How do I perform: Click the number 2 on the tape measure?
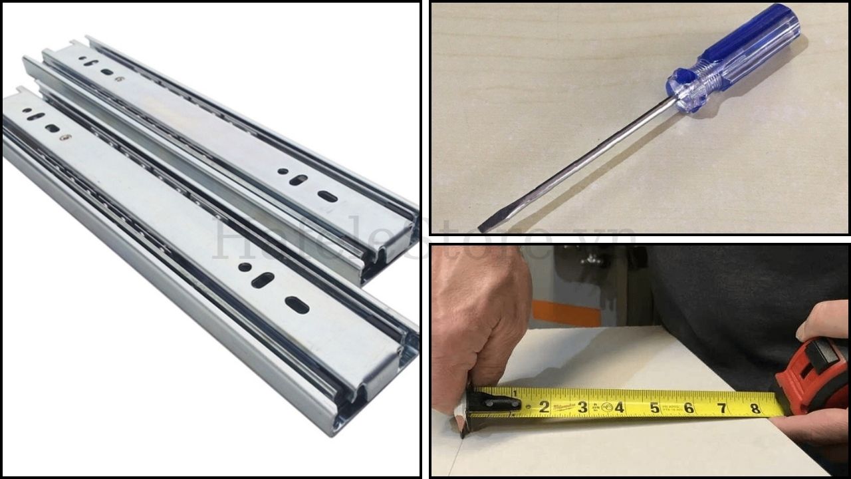[544, 406]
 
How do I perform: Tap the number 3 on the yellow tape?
[582, 406]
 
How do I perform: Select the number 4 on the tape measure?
[619, 406]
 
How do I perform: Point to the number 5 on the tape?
[654, 406]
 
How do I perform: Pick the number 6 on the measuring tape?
[689, 407]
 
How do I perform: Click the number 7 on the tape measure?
[722, 408]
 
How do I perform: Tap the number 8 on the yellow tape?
[755, 408]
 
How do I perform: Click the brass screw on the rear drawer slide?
[120, 79]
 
